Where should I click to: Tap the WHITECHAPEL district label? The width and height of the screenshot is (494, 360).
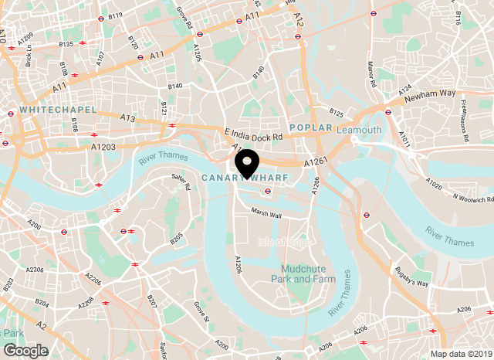tap(59, 110)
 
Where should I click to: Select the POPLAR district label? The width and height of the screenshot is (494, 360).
tap(310, 127)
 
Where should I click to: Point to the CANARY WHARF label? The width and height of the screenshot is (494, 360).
tap(245, 178)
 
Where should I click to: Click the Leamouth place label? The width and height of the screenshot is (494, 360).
tap(359, 130)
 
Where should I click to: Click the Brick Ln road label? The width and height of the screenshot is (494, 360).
tap(29, 53)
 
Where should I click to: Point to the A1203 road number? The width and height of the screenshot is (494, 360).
tap(103, 146)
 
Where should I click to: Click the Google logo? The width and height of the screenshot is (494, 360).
tap(25, 351)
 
